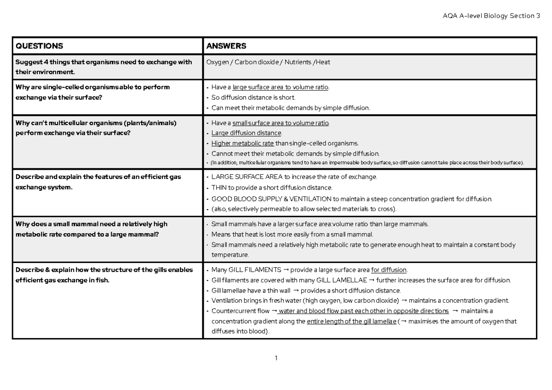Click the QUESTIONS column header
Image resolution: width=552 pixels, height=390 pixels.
[39, 46]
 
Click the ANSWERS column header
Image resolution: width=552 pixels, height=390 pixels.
[226, 46]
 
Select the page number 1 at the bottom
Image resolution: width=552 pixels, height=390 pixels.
[275, 358]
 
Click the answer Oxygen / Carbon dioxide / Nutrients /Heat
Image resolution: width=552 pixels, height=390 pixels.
[268, 62]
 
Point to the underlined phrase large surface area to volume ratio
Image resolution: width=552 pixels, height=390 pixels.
[281, 87]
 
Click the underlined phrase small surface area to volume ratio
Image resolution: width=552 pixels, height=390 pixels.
[281, 123]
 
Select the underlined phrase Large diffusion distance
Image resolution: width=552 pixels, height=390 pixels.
[246, 133]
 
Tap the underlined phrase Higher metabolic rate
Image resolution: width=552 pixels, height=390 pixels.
[242, 143]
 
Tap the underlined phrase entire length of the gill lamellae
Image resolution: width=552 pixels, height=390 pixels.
[351, 321]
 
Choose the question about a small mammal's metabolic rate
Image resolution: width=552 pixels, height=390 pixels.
[92, 229]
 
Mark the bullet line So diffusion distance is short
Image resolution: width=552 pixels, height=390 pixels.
[253, 97]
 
